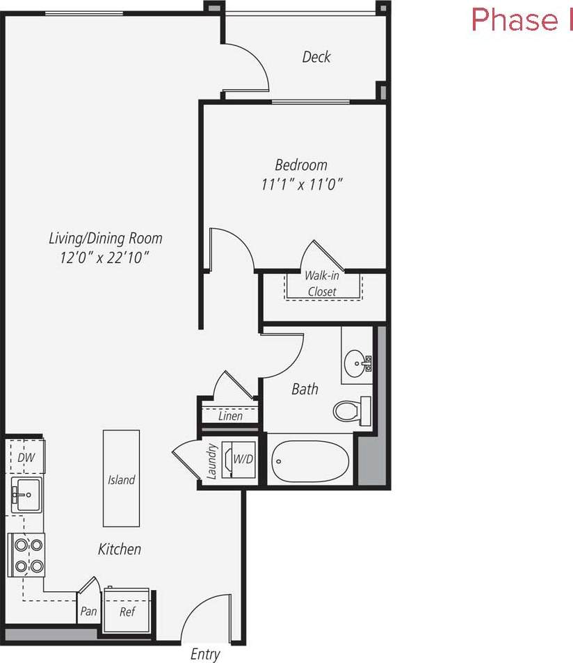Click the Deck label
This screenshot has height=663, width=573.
click(x=316, y=57)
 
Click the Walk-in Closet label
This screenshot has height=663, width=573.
click(x=321, y=283)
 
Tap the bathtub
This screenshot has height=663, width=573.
click(x=311, y=460)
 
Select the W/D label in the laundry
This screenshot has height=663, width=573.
click(x=243, y=459)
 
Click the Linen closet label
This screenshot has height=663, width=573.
click(x=230, y=416)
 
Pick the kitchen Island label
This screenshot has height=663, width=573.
click(x=121, y=480)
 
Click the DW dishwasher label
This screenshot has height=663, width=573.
click(x=26, y=458)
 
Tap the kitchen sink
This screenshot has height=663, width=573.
click(x=26, y=495)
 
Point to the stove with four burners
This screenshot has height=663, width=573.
click(x=26, y=554)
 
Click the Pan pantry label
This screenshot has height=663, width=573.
click(x=88, y=612)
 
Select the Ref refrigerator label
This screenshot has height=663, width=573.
click(x=127, y=612)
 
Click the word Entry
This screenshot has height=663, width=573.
click(x=205, y=654)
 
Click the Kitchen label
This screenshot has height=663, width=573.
click(x=120, y=549)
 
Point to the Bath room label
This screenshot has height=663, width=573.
click(x=305, y=389)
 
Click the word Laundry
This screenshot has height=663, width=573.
click(x=212, y=462)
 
